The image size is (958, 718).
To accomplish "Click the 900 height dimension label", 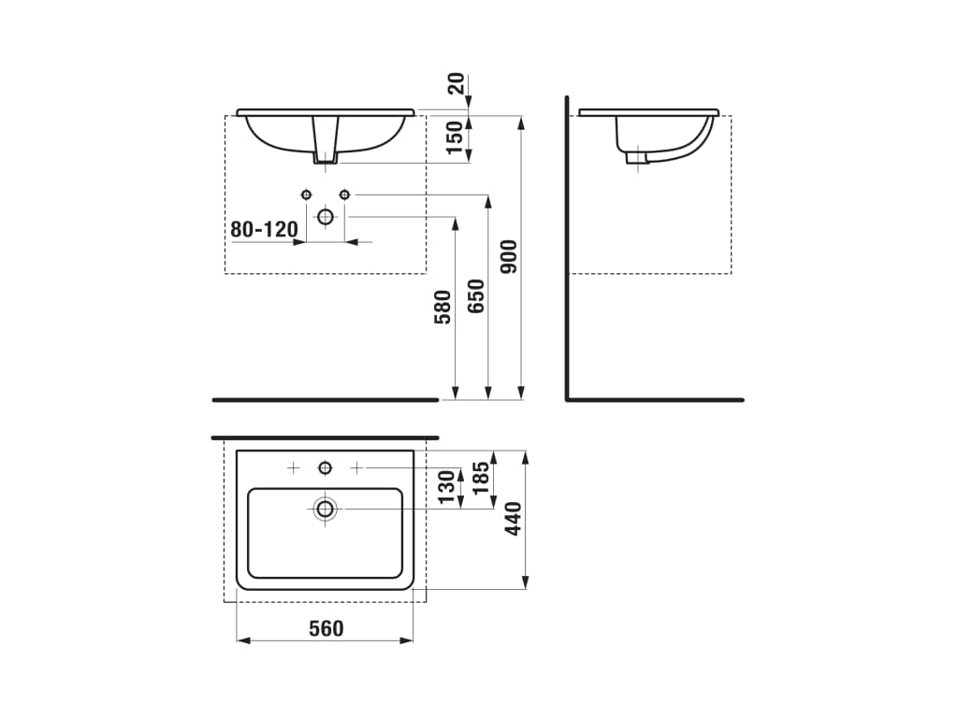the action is click(509, 257).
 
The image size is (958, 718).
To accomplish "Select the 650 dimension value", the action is click(476, 296).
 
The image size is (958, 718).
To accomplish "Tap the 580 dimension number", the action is click(443, 307).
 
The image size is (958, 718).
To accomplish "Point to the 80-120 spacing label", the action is click(265, 230).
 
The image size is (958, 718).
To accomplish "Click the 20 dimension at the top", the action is click(457, 83).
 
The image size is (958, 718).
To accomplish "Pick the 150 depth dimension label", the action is click(456, 137).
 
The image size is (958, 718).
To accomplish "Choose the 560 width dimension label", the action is click(327, 628).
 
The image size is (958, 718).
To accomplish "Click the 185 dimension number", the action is click(480, 478).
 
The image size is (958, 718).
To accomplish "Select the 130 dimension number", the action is click(447, 487).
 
